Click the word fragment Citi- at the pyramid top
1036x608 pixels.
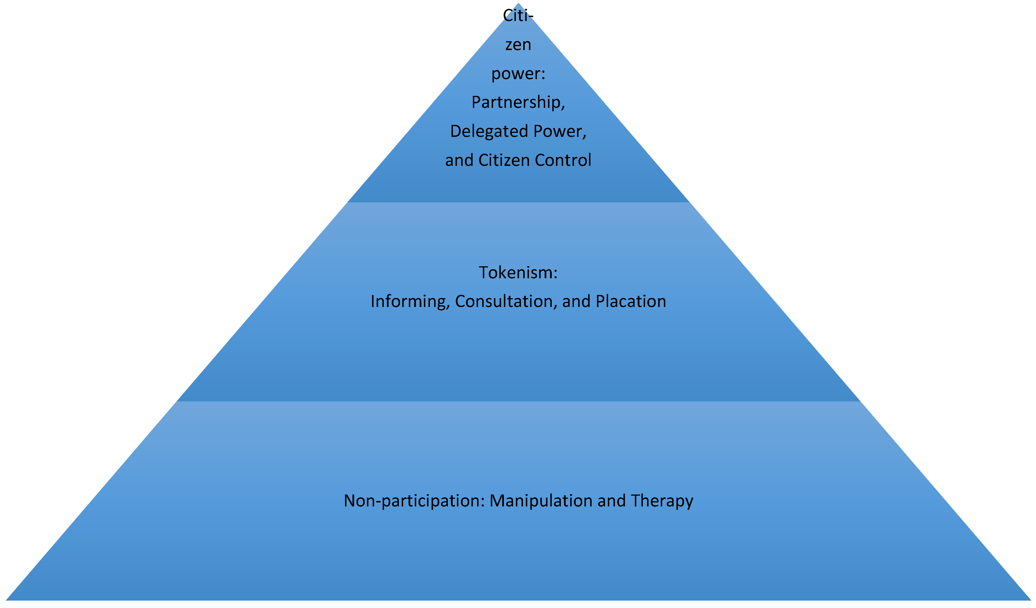coord(518,16)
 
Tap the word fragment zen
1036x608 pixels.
coord(518,45)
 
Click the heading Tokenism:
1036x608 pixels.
coord(518,273)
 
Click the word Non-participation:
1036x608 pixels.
coord(415,501)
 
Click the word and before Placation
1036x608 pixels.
coord(577,302)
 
